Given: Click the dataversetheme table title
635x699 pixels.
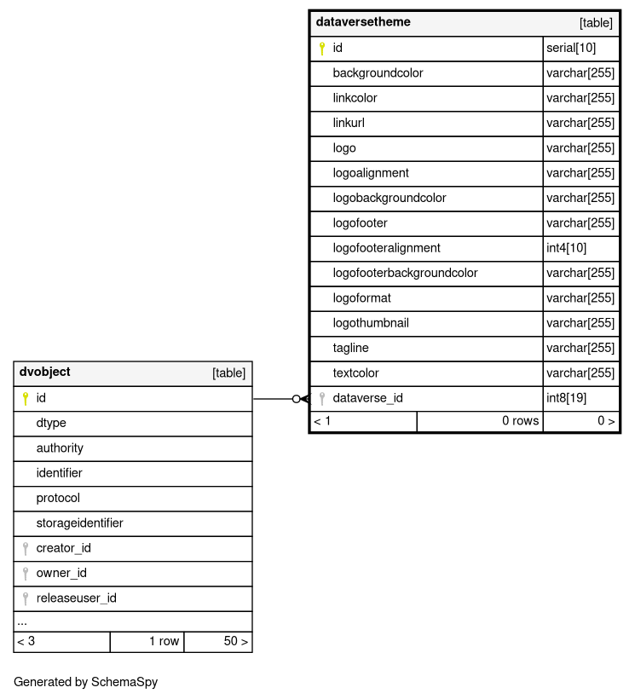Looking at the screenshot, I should [x=363, y=22].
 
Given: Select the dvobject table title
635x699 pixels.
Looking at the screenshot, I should [x=45, y=373].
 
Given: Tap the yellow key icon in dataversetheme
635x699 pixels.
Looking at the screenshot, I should [x=322, y=49].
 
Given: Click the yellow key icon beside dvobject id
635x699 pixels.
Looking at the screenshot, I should [x=26, y=398].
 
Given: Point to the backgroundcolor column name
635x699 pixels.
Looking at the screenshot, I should [x=378, y=73].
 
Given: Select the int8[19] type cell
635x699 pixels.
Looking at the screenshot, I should [x=566, y=398].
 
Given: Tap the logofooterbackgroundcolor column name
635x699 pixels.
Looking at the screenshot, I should [x=405, y=274].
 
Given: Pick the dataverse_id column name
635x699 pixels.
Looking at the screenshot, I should [x=367, y=398].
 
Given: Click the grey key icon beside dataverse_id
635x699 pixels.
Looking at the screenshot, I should [x=322, y=398].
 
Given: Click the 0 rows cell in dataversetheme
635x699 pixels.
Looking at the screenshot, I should [x=520, y=421].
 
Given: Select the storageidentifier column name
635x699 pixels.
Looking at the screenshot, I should [x=79, y=523].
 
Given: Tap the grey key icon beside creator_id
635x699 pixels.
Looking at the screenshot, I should [x=26, y=548].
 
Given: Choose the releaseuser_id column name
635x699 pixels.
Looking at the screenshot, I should [x=76, y=598].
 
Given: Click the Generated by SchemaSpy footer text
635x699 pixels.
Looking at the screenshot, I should [x=85, y=682].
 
